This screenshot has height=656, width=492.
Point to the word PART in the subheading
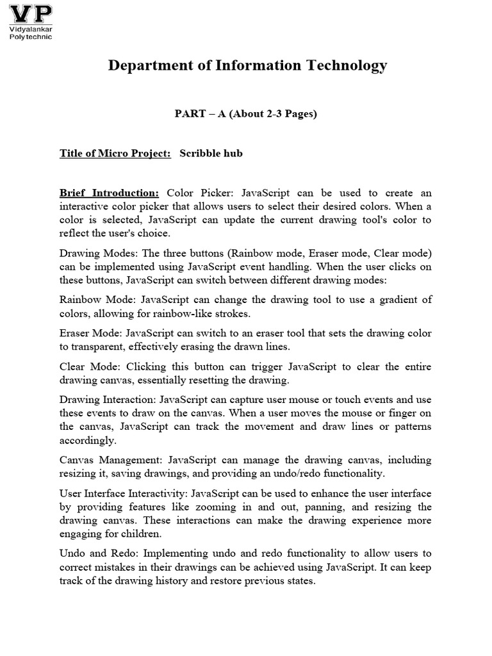click(190, 114)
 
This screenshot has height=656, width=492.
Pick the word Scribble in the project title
click(201, 154)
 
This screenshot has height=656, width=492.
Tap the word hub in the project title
click(233, 154)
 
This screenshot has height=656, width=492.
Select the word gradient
click(393, 299)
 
